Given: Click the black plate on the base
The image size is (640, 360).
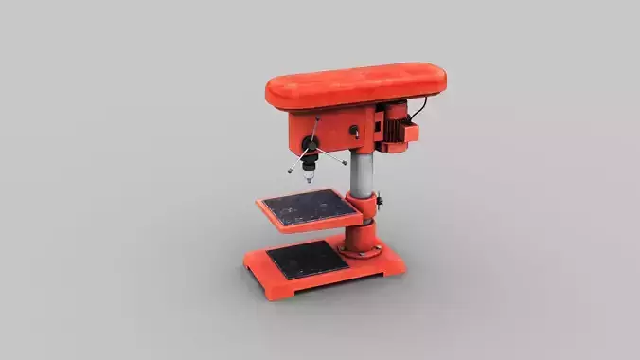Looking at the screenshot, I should point(303,259).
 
